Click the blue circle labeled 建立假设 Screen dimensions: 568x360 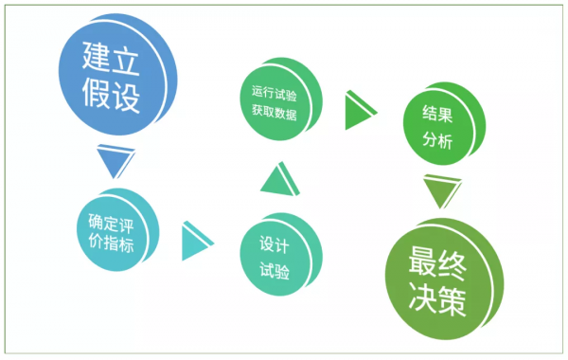(x=111, y=80)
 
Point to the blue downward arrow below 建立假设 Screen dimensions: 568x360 (x=113, y=162)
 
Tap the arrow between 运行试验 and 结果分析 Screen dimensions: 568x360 (x=359, y=110)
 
